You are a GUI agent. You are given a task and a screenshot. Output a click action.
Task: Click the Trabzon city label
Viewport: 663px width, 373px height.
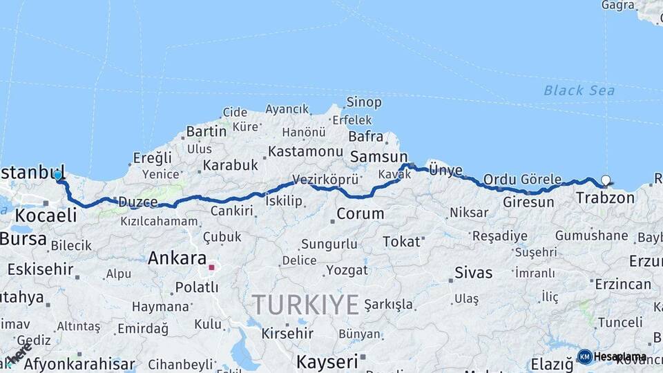click(x=605, y=198)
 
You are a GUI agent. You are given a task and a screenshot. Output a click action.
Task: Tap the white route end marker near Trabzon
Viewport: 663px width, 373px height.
click(x=606, y=181)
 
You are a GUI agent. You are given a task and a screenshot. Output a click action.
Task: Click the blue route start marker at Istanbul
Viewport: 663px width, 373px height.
click(x=58, y=175)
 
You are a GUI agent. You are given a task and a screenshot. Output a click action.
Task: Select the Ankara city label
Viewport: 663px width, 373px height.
click(x=177, y=259)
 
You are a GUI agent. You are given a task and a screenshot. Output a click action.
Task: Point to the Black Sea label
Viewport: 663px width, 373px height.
click(x=579, y=90)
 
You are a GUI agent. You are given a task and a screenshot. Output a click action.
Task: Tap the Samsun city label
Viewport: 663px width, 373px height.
click(x=378, y=157)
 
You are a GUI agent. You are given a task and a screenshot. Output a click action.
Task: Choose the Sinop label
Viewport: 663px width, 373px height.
click(x=364, y=102)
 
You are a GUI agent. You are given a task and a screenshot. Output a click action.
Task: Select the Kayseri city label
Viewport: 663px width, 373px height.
click(x=327, y=361)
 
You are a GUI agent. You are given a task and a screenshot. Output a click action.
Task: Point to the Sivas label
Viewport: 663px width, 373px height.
click(x=474, y=272)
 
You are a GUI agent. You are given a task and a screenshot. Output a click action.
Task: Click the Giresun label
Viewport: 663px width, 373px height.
click(x=528, y=202)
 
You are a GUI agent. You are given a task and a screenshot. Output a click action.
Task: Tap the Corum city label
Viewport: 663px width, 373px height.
click(x=360, y=213)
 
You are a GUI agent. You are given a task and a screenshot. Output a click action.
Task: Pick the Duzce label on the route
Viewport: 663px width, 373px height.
click(x=137, y=202)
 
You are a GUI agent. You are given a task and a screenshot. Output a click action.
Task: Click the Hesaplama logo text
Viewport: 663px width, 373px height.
click(x=619, y=356)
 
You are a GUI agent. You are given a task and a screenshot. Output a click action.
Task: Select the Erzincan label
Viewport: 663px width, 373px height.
click(x=624, y=284)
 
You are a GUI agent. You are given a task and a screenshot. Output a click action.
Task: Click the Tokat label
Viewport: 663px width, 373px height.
click(x=401, y=242)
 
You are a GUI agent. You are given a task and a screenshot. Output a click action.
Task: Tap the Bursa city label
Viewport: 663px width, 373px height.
click(x=23, y=239)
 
